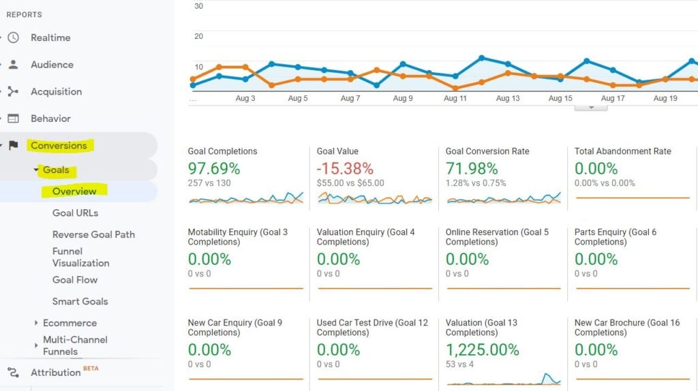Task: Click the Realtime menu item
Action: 50,38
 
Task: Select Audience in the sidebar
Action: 52,65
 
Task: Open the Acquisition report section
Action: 56,92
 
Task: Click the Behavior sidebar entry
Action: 50,119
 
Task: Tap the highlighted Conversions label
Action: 59,145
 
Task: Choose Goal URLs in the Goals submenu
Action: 75,213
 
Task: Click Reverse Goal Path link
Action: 93,234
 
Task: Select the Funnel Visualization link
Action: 80,257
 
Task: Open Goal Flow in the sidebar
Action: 75,280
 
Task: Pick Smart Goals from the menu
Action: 80,301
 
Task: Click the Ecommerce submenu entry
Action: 70,323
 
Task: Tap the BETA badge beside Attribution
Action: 91,369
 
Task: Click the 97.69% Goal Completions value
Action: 213,168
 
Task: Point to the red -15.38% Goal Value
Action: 345,168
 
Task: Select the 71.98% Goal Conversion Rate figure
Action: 472,168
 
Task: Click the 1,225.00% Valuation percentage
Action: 482,350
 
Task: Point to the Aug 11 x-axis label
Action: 455,99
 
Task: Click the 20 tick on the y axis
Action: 198,36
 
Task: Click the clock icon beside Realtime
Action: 14,38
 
